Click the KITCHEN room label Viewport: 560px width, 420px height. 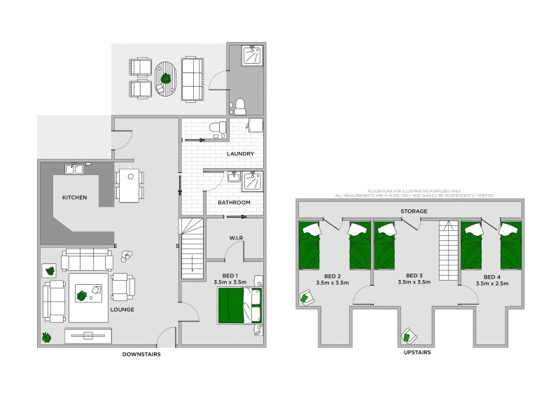(74, 197)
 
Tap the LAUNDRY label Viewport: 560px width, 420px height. (240, 153)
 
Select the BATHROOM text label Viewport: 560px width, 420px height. (234, 202)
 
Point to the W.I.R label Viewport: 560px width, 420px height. (236, 237)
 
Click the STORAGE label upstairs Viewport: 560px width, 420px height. (414, 210)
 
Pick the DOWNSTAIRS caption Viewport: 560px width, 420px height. (141, 355)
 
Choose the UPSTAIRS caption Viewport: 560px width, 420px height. (416, 353)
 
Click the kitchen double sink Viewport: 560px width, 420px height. (74, 169)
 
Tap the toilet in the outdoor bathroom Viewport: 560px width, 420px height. (240, 106)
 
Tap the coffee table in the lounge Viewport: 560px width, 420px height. (88, 295)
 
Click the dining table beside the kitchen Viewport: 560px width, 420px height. (130, 185)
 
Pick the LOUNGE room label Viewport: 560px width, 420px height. (122, 309)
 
